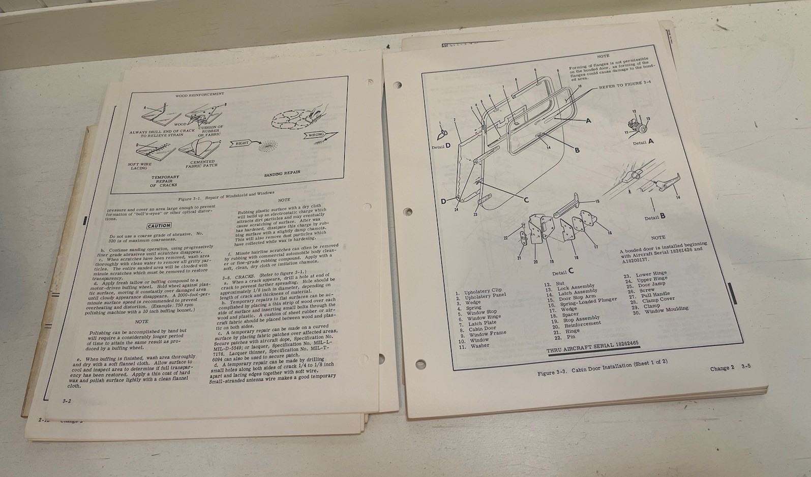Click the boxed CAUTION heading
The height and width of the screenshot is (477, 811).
[x=159, y=226]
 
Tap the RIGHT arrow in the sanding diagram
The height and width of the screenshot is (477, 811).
[x=242, y=143]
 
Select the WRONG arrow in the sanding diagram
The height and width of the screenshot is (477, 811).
[x=315, y=135]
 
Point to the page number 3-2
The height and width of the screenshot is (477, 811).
[x=67, y=401]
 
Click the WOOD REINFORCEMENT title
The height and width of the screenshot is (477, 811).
[x=199, y=95]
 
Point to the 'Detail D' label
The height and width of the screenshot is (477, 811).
[x=441, y=146]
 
